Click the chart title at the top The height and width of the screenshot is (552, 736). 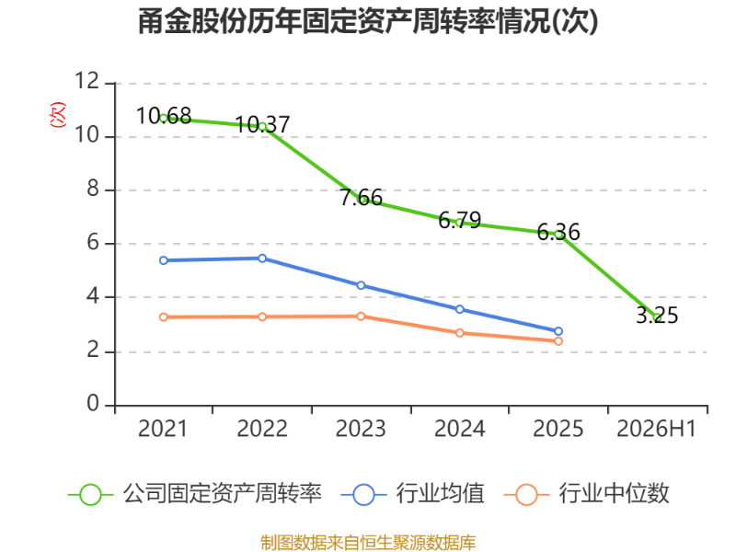[368, 21]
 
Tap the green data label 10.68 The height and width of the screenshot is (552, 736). [164, 116]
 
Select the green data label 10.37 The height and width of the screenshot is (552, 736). [262, 125]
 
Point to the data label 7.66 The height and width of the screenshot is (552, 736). [361, 198]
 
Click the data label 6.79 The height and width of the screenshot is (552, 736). [459, 220]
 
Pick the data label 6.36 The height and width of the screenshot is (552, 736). [558, 232]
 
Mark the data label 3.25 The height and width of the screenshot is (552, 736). [657, 315]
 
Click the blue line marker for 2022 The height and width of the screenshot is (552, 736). [262, 259]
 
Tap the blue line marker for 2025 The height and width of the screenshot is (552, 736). [558, 331]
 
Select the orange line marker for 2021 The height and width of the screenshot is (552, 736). [164, 317]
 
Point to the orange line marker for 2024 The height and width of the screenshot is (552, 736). [459, 333]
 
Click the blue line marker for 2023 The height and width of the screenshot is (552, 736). [361, 285]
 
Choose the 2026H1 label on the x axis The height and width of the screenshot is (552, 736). [656, 429]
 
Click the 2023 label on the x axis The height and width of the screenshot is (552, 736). [361, 429]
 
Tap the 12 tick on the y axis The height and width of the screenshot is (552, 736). [87, 81]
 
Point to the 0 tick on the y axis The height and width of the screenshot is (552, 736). [93, 404]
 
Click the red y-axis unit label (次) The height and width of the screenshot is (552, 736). [58, 114]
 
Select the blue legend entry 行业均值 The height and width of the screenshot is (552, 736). [412, 494]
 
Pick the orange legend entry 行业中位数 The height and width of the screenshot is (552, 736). [586, 494]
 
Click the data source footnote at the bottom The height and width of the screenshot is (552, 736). [368, 543]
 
